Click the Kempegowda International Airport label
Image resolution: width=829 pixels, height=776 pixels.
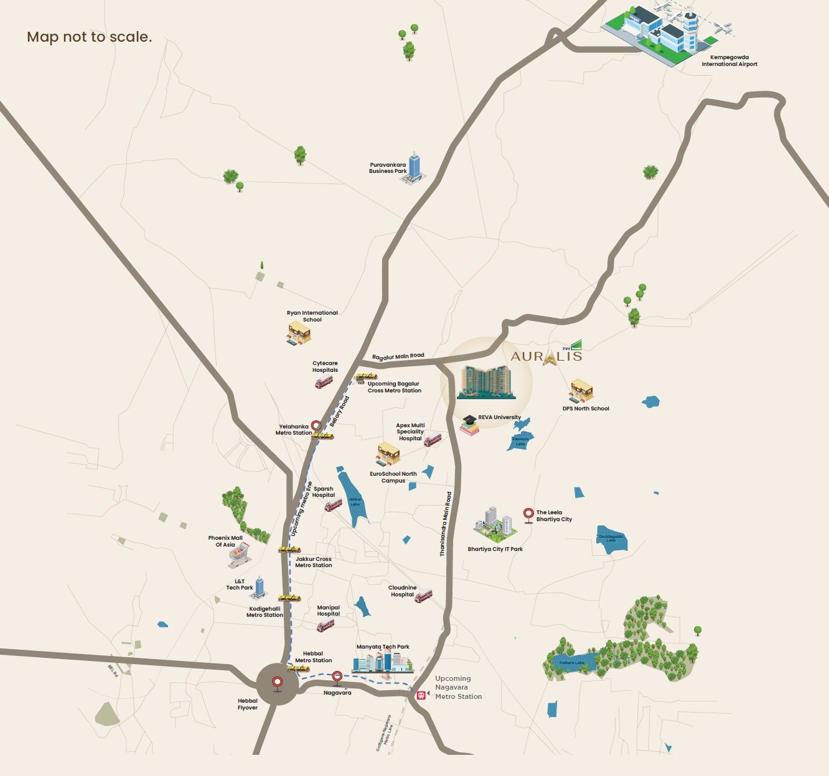point(729,60)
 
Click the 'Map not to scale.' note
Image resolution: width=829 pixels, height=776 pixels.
point(90,37)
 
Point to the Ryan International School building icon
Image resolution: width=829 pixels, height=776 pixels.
point(299,333)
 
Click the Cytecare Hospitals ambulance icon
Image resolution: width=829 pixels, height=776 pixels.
point(324,382)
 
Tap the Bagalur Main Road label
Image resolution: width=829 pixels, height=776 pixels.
point(398,356)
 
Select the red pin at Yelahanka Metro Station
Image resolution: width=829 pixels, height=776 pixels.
point(316,426)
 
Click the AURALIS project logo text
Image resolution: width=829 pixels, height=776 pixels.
point(546,356)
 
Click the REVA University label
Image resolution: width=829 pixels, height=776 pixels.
point(499,417)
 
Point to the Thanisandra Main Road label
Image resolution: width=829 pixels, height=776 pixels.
point(446,524)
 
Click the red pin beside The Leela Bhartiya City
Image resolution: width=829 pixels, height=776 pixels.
point(528,514)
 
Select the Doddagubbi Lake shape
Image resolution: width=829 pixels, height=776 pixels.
point(611,539)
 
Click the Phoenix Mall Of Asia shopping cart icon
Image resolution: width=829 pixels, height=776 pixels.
point(239,555)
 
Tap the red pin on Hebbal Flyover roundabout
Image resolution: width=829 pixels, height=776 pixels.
point(278,683)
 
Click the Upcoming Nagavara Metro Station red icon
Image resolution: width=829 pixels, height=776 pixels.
point(421,695)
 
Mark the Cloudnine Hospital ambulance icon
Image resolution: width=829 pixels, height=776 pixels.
point(423,596)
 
